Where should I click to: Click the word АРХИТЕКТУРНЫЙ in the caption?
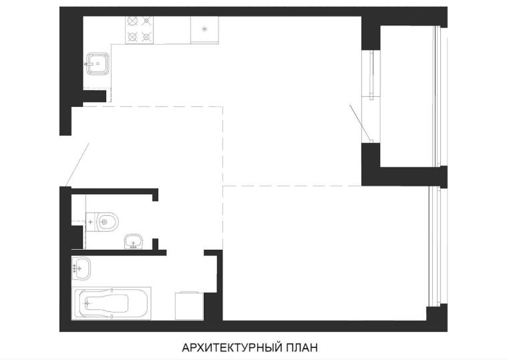click(231, 347)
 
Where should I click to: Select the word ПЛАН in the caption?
click(301, 347)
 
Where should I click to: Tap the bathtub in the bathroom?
click(112, 303)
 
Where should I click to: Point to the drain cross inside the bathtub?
click(87, 303)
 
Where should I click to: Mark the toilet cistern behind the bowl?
click(92, 222)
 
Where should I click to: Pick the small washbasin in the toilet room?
click(133, 242)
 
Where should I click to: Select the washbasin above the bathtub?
click(81, 268)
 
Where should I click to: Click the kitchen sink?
click(98, 63)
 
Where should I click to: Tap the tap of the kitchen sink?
click(90, 64)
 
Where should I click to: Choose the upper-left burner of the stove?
click(132, 21)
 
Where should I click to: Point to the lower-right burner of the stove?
click(146, 37)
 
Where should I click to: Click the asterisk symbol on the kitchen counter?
click(204, 29)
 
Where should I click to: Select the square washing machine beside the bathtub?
click(189, 306)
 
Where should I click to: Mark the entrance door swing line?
click(77, 165)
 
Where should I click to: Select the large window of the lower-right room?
click(434, 246)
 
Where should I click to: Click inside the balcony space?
click(406, 96)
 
